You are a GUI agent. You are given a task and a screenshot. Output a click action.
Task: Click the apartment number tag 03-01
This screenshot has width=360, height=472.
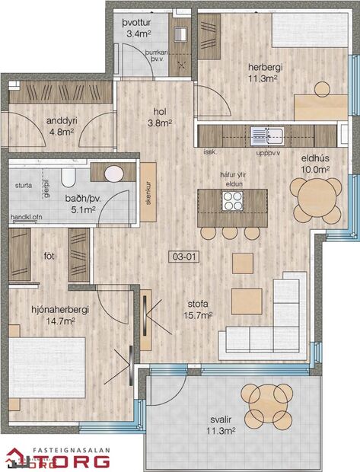185,257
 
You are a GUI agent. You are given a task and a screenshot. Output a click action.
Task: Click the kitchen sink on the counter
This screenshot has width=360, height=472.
269,136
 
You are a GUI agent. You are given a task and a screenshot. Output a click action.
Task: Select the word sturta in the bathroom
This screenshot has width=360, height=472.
24,184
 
